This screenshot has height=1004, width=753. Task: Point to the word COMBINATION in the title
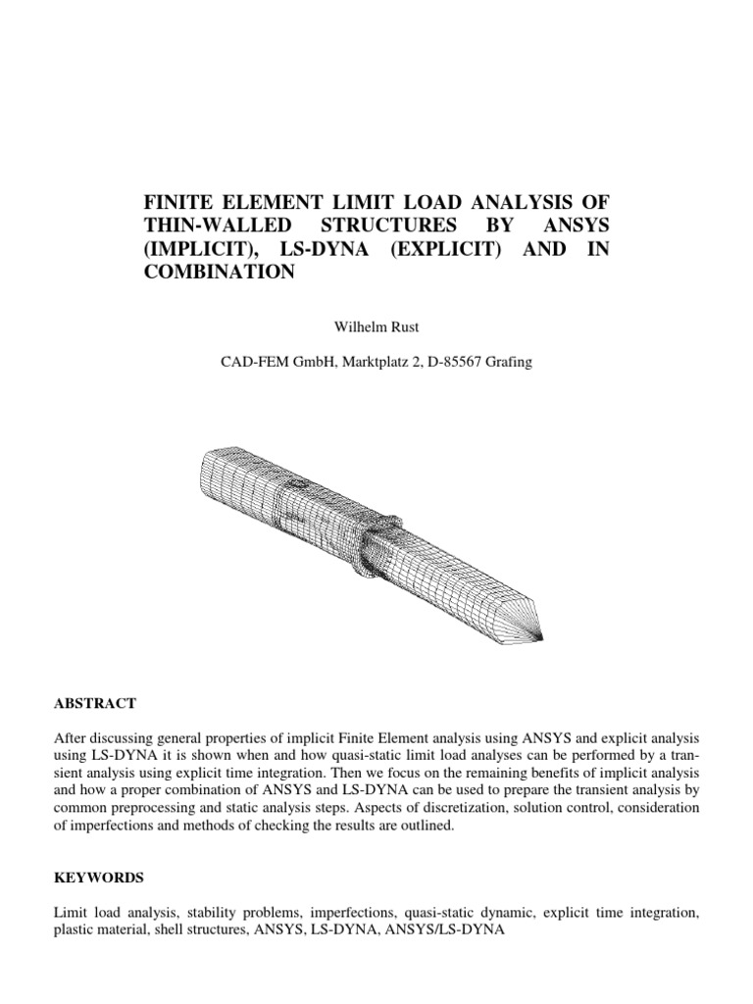click(x=220, y=274)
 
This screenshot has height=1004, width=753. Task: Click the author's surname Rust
click(x=401, y=321)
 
